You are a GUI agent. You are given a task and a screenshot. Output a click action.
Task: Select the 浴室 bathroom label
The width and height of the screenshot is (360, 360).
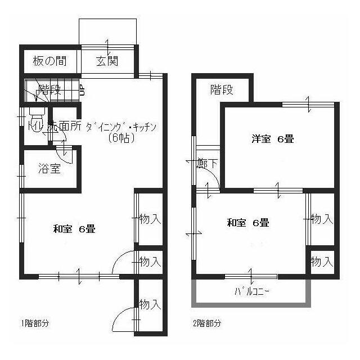[49, 168]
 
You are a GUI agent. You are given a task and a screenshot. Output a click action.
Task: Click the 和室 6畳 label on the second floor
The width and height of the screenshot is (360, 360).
[248, 223]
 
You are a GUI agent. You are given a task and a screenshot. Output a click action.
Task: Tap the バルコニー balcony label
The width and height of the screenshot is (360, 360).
[252, 291]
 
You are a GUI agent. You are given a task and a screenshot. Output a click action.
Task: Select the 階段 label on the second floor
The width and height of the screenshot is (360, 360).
[222, 90]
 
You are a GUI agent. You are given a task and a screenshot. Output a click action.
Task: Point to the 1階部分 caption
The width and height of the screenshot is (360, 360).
[35, 323]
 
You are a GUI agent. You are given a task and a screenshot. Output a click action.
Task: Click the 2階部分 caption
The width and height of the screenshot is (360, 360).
[206, 323]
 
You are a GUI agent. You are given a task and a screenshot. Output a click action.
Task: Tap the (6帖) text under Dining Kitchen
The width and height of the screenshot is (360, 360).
[121, 138]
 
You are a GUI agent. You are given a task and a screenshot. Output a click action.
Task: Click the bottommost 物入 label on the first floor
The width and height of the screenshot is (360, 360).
[150, 305]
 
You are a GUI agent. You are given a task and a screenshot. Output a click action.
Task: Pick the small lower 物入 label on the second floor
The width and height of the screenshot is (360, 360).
[322, 262]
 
